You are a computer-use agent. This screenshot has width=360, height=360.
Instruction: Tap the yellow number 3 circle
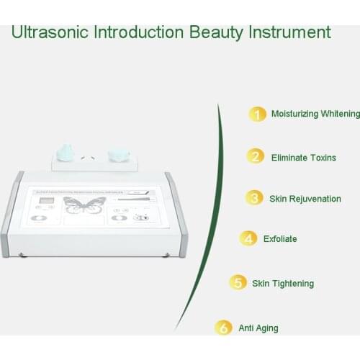pos(253,198)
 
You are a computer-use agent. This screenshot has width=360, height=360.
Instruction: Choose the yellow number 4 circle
pos(248,238)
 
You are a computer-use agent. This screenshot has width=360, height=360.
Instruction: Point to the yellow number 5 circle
pos(238,283)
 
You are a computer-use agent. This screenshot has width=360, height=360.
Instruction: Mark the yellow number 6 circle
pos(225,328)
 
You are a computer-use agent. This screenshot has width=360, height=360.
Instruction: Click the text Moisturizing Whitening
pos(315,114)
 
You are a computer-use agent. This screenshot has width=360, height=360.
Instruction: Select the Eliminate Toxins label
pos(303,157)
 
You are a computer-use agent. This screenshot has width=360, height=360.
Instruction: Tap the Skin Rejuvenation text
pos(305,199)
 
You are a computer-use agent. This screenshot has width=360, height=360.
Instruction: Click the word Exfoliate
pos(280,239)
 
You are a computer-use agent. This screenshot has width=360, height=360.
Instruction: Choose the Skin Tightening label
pos(283,284)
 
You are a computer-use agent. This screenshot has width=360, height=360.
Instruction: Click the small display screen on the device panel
pos(45,202)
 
